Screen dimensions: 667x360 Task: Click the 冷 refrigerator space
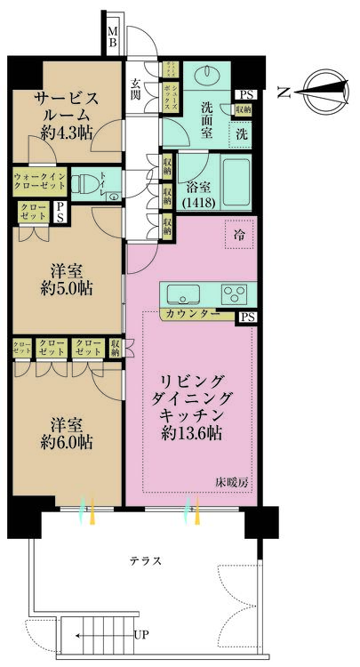pos(238,234)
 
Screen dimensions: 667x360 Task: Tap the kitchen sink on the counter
pos(183,294)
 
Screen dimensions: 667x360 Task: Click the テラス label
pos(145,561)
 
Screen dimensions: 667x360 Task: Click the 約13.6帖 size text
pos(192,433)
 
